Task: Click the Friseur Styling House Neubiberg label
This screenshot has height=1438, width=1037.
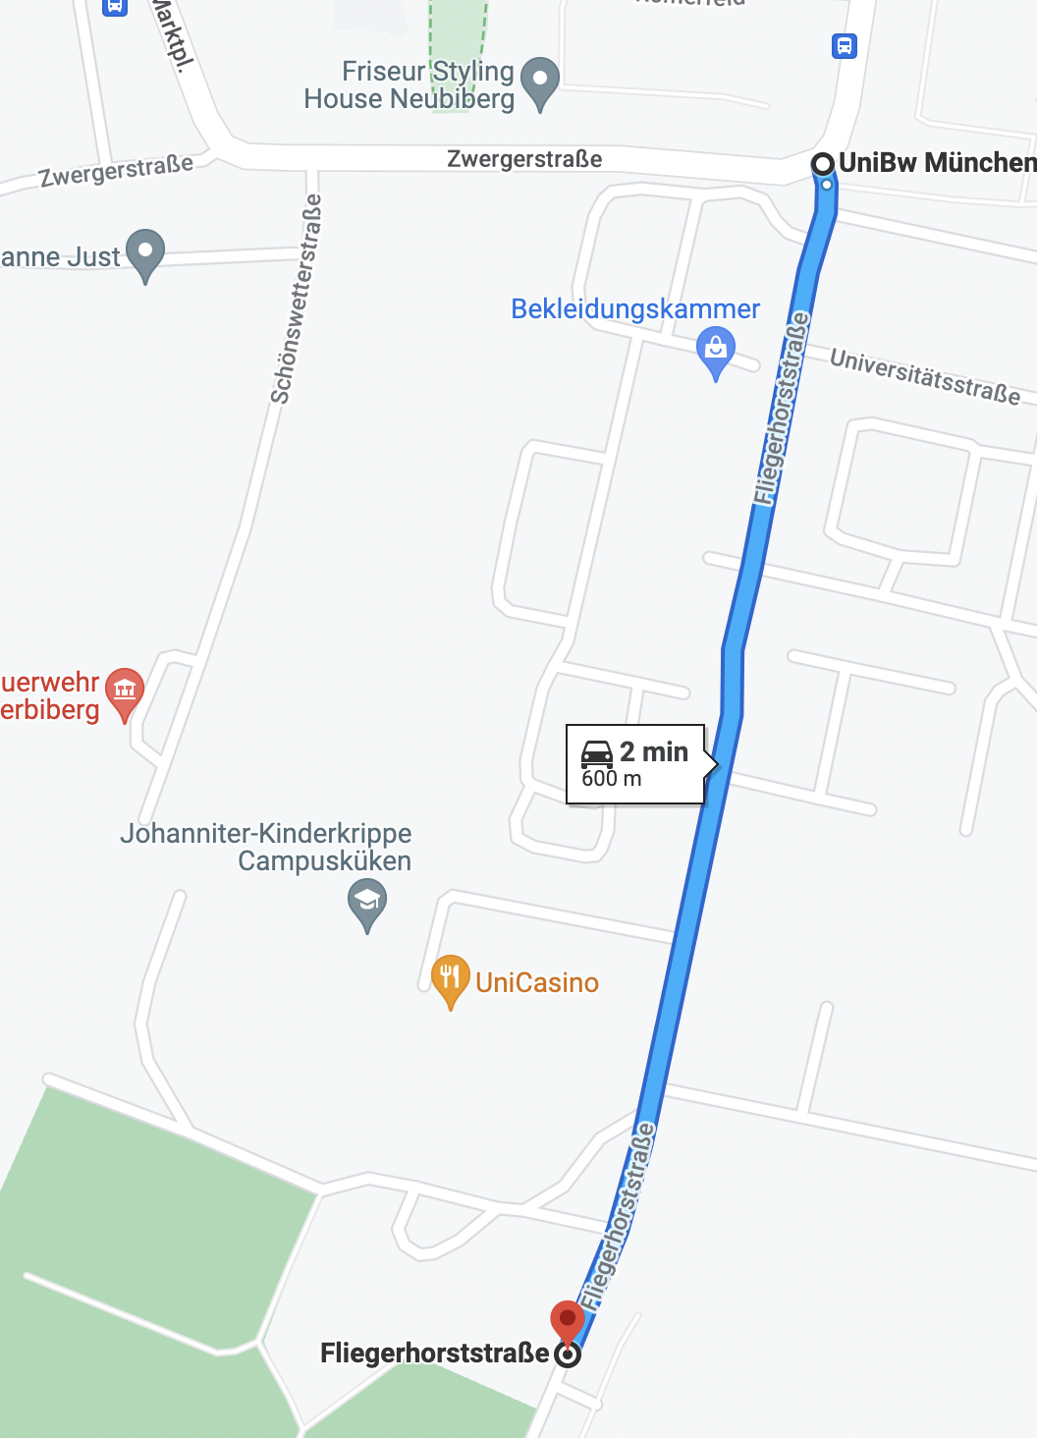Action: [x=409, y=85]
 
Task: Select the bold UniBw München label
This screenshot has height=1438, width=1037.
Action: [x=937, y=163]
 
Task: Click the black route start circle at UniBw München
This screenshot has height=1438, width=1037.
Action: [x=823, y=164]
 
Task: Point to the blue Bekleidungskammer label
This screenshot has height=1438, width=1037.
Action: [x=635, y=309]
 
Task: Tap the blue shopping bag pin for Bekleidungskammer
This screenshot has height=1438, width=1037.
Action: [x=716, y=350]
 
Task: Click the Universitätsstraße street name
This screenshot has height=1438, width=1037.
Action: [x=925, y=376]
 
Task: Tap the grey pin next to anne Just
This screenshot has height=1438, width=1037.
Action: [x=145, y=252]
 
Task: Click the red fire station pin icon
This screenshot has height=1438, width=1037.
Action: [x=125, y=691]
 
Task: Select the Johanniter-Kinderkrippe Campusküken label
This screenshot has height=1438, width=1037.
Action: [x=267, y=847]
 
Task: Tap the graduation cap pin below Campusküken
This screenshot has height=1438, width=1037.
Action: [x=367, y=901]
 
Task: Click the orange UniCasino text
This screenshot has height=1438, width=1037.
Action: [x=537, y=983]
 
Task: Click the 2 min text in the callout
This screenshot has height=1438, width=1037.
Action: [x=654, y=752]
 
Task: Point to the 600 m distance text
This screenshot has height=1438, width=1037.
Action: [x=612, y=779]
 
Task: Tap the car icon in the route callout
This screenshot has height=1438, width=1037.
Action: [x=597, y=753]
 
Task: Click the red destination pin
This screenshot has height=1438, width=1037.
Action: [x=568, y=1320]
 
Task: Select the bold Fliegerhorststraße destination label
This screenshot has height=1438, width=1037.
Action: [x=434, y=1354]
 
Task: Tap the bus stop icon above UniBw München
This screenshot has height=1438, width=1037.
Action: [x=845, y=46]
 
